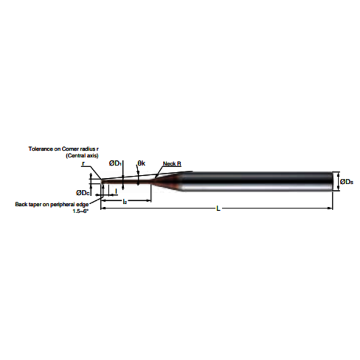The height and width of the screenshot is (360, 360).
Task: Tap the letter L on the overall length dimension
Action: click(x=218, y=209)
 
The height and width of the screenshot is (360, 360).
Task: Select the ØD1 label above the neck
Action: click(x=115, y=163)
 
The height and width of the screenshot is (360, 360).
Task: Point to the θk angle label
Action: click(x=141, y=163)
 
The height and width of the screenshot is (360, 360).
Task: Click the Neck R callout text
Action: click(x=171, y=164)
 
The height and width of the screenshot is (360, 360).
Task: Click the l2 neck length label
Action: click(x=125, y=201)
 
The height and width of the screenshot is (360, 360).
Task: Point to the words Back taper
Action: click(x=28, y=203)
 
